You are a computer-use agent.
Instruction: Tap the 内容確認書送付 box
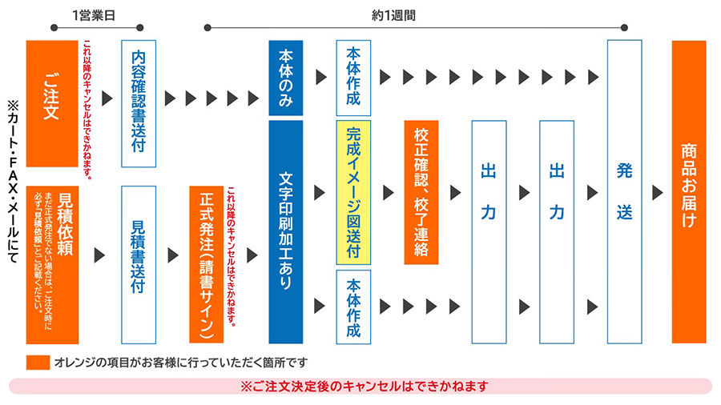tap(138, 103)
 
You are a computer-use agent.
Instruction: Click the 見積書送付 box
tap(138, 264)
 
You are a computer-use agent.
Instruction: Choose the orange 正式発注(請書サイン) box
tap(206, 264)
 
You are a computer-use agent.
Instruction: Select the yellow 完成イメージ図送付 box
tap(353, 192)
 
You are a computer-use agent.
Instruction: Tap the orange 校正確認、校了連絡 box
tap(421, 192)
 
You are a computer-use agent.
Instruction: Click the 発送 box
tap(625, 192)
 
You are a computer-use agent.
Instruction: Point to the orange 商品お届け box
tap(689, 192)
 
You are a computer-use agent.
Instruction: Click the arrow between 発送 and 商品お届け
tap(658, 193)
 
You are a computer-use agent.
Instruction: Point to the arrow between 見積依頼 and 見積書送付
tap(100, 255)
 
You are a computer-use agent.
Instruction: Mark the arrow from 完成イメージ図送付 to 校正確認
tap(389, 193)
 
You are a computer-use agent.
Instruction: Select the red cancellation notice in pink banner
tap(365, 386)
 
